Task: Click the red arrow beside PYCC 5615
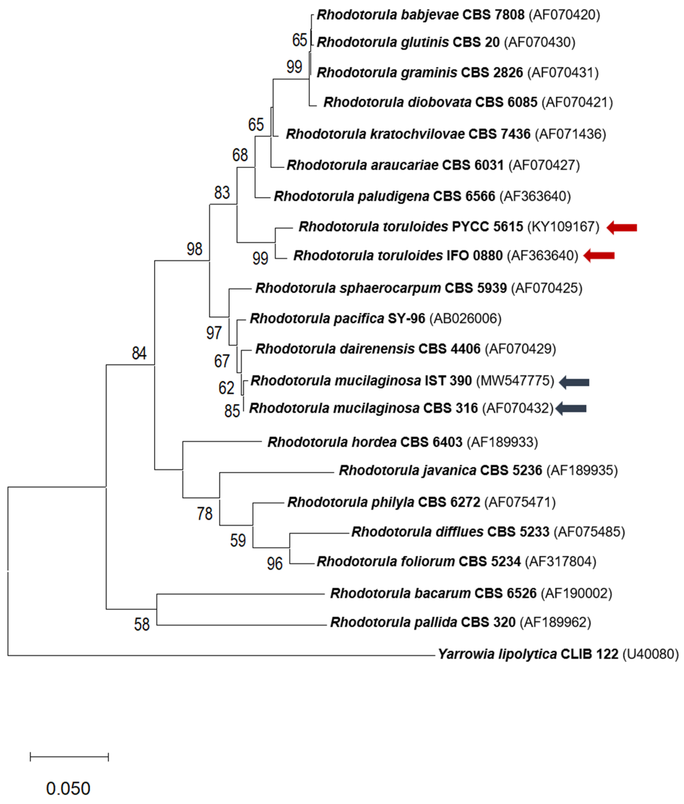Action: coord(622,227)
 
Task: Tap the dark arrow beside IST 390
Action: coord(574,382)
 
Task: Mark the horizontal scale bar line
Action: coord(69,757)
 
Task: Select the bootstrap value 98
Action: coord(194,249)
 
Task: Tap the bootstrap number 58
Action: coord(141,624)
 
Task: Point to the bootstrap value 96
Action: coord(275,563)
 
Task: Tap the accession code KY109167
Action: coord(563,227)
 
